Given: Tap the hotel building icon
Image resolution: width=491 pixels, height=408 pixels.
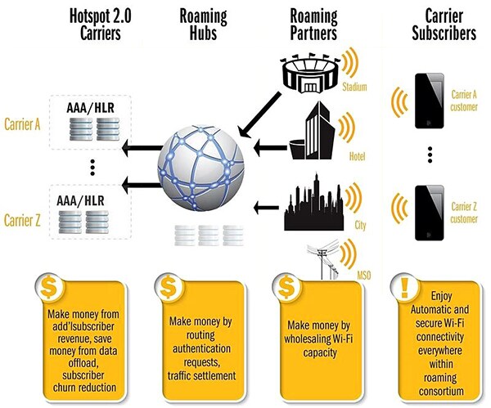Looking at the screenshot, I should coord(314,131).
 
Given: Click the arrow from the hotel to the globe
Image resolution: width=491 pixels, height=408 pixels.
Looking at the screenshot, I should coord(268,148).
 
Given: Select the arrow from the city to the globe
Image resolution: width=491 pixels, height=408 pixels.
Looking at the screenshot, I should coord(268,207).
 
